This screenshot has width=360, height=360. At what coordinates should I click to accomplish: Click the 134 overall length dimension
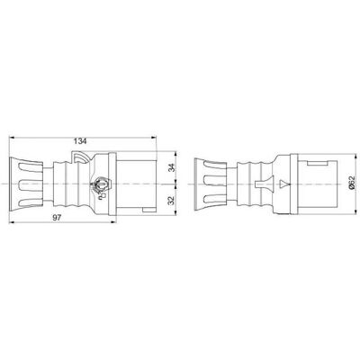point(80,141)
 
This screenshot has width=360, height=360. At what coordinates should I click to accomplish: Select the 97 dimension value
point(57,218)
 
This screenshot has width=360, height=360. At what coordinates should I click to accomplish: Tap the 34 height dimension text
point(171,167)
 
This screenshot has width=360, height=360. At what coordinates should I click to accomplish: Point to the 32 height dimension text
point(171,201)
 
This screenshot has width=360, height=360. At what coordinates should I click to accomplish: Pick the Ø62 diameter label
point(352,183)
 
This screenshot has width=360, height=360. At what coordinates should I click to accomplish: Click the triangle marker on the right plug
point(283,184)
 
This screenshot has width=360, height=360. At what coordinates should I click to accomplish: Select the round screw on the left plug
point(101,184)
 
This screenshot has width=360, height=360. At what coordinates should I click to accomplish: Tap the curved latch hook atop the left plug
point(80,157)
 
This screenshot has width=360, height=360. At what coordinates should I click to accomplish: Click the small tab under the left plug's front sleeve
point(149,210)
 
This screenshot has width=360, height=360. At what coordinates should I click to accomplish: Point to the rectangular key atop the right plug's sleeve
point(317,163)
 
